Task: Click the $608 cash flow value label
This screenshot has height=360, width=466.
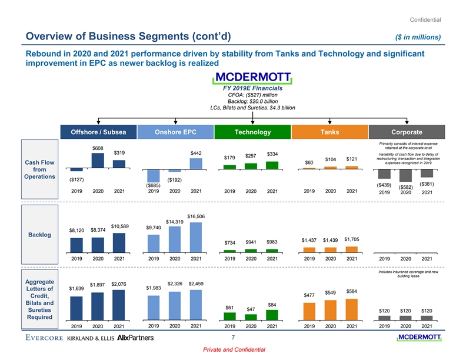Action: [98, 147]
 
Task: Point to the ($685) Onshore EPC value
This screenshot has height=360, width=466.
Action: [154, 186]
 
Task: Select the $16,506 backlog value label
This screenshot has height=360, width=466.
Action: [196, 216]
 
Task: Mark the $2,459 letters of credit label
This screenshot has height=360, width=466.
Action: [196, 284]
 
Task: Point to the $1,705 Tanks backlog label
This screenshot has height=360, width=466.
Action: [351, 239]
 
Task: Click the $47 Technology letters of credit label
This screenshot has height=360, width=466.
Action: [251, 309]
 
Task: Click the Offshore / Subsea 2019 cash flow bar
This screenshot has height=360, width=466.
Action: [77, 169]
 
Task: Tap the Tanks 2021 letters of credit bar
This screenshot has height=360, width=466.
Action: [352, 308]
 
